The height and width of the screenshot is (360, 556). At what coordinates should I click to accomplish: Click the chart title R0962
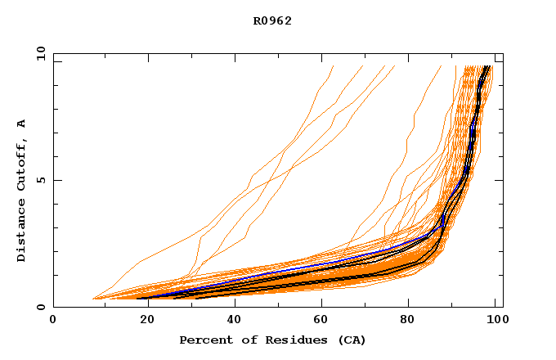point(272,21)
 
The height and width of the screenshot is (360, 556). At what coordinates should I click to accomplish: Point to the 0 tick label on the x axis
point(53,321)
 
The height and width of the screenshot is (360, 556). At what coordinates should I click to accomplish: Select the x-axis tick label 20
point(142,321)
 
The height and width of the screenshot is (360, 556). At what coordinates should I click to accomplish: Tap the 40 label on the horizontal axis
point(231,321)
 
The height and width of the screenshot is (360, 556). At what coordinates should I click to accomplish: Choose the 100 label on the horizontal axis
point(495,321)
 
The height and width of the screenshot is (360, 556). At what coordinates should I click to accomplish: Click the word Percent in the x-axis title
point(203,340)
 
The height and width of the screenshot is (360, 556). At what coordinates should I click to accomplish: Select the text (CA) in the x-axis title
point(351,340)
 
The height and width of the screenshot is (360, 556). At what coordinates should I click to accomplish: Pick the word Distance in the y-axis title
point(21,230)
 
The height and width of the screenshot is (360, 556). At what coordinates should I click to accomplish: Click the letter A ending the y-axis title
point(21,123)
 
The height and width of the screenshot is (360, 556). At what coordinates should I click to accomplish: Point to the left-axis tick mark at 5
point(56,180)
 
